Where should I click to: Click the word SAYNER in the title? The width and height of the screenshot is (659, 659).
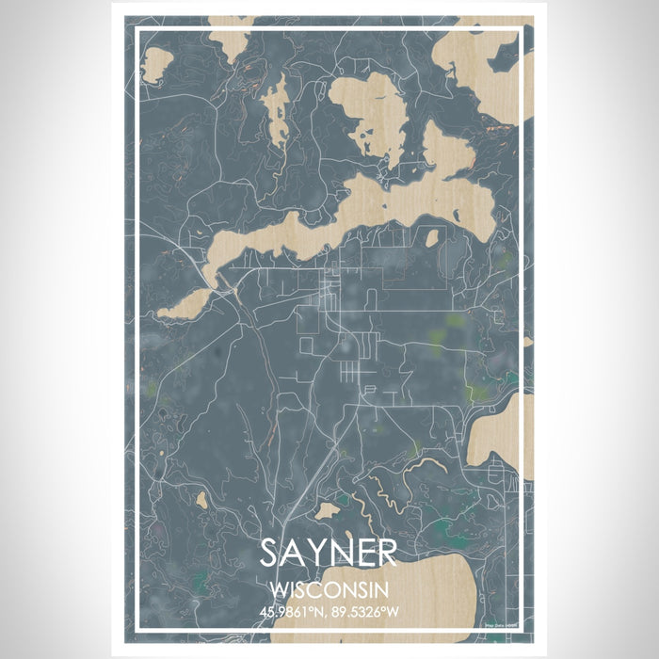point(329,554)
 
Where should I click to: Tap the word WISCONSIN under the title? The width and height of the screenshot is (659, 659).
point(329,589)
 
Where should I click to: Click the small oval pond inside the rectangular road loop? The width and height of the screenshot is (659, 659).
point(431,237)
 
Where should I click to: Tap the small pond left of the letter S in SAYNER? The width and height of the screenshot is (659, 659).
point(201,502)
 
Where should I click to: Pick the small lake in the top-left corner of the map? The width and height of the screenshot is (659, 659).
point(156,64)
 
